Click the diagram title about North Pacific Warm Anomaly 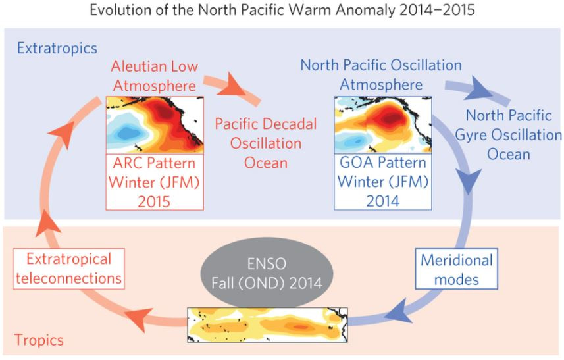coord(282,10)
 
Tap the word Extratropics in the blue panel coord(57,48)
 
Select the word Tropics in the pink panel coord(39,340)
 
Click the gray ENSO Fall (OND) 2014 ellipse coord(267,273)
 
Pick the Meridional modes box coord(457,269)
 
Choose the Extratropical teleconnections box coord(68,269)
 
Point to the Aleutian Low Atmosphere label coord(154,76)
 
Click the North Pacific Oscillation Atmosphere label coord(381,75)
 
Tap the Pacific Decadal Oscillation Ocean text coord(266,143)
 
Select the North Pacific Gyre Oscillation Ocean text coord(508,135)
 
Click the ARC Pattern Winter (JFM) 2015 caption coord(155,182)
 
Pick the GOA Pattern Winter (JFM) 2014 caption coord(383,182)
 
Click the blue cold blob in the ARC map coord(126,133)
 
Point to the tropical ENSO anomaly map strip coord(268,324)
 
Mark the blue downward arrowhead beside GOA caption coord(469,181)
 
